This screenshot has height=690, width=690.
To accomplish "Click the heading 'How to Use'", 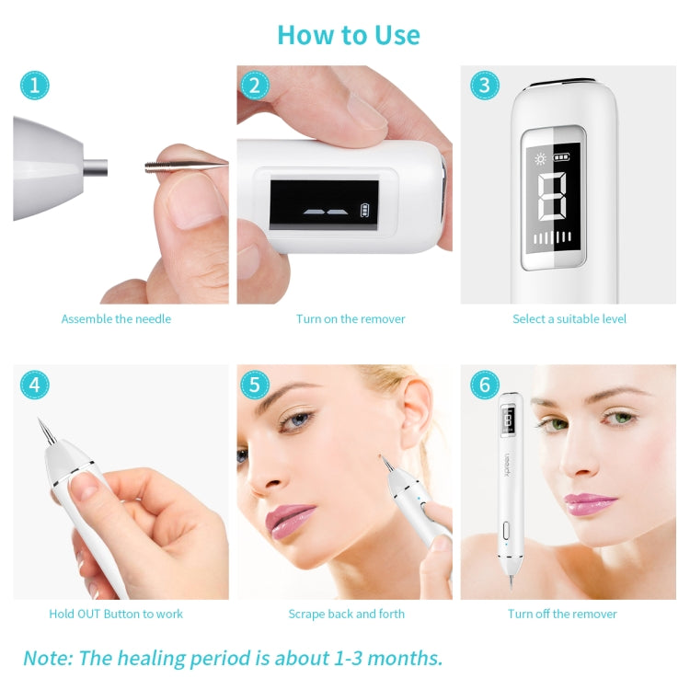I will (x=348, y=35).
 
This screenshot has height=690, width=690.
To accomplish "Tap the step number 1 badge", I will (x=34, y=86).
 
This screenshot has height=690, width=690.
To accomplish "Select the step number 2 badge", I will (x=255, y=86).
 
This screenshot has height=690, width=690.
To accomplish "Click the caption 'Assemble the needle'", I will (x=116, y=319).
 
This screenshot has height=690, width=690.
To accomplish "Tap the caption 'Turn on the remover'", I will (x=351, y=319).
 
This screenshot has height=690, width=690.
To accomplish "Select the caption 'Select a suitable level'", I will (x=569, y=319).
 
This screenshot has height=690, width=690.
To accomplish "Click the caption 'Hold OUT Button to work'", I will (x=116, y=615).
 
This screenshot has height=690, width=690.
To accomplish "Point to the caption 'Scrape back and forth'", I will (x=346, y=615).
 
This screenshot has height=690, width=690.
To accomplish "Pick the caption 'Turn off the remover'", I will (x=562, y=615).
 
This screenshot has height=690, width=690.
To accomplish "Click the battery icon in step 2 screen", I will (x=371, y=209).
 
